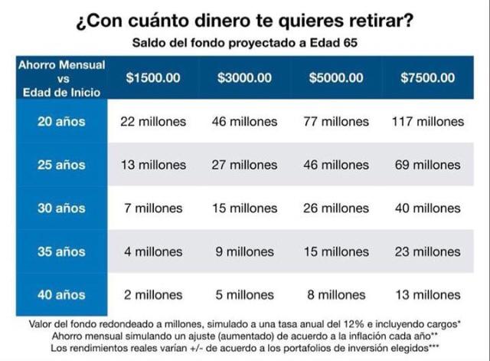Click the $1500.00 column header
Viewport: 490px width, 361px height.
pyautogui.click(x=152, y=77)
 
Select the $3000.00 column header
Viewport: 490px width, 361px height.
pyautogui.click(x=244, y=77)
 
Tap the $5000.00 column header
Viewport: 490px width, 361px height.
pyautogui.click(x=336, y=77)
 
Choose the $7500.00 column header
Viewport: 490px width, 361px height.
pyautogui.click(x=427, y=77)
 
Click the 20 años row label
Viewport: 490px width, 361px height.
pyautogui.click(x=61, y=121)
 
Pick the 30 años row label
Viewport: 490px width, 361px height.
pyautogui.click(x=61, y=208)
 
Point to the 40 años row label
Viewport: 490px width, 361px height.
pyautogui.click(x=61, y=294)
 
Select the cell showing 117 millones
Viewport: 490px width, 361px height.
pyautogui.click(x=427, y=121)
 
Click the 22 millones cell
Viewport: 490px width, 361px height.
pyautogui.click(x=152, y=121)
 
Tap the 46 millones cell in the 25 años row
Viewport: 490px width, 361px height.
pyautogui.click(x=336, y=165)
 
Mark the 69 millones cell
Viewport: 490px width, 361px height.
pyautogui.click(x=427, y=165)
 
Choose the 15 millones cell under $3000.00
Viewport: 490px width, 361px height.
pyautogui.click(x=244, y=208)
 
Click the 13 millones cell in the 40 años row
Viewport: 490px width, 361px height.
pyautogui.click(x=427, y=294)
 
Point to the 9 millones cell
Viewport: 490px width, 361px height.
pyautogui.click(x=244, y=251)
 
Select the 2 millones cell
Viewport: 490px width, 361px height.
pyautogui.click(x=152, y=294)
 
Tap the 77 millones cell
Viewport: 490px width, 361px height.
pyautogui.click(x=336, y=121)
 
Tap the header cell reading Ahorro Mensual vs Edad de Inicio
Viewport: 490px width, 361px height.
pyautogui.click(x=61, y=77)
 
